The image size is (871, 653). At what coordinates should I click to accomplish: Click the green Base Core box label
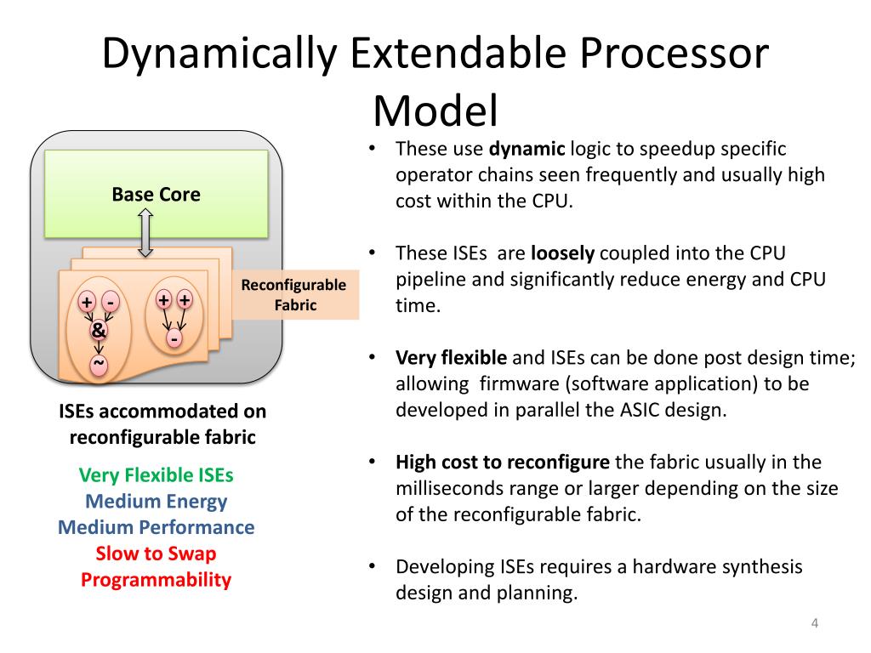(157, 195)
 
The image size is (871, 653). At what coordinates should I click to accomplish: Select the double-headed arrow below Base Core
(145, 234)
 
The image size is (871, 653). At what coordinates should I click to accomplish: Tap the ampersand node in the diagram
(99, 330)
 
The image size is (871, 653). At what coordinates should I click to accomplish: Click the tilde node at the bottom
(99, 364)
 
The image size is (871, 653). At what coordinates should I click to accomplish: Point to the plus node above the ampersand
(87, 303)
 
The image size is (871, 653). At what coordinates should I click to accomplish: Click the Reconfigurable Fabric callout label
(293, 294)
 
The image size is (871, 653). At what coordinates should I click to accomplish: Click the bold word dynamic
(527, 150)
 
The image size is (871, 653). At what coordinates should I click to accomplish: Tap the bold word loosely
(562, 253)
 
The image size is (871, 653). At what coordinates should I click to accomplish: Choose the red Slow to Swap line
(156, 554)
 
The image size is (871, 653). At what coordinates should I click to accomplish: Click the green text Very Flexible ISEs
(156, 474)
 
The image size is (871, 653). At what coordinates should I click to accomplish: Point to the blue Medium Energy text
(156, 501)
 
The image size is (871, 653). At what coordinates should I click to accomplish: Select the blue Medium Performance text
(156, 527)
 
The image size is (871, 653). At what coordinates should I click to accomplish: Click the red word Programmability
(156, 580)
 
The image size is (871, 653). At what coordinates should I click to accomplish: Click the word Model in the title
(435, 111)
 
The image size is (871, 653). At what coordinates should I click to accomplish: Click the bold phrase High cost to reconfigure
(503, 463)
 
